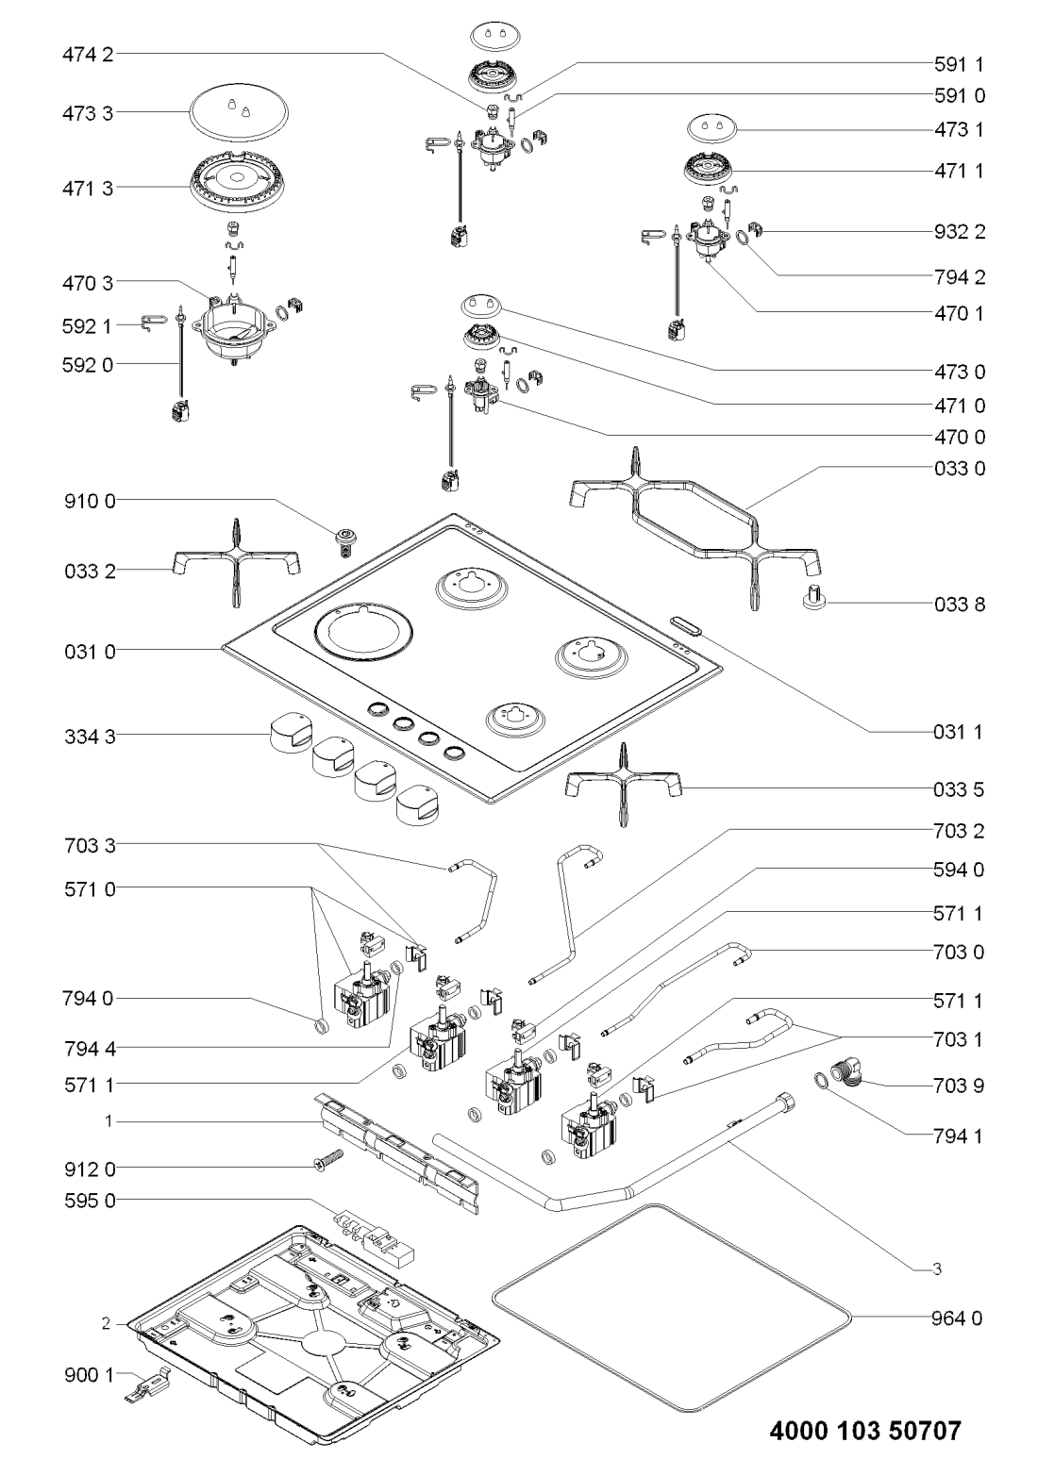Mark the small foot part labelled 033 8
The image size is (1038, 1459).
click(814, 598)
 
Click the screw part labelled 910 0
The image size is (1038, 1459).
click(345, 541)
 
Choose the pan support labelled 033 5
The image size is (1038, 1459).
click(623, 782)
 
